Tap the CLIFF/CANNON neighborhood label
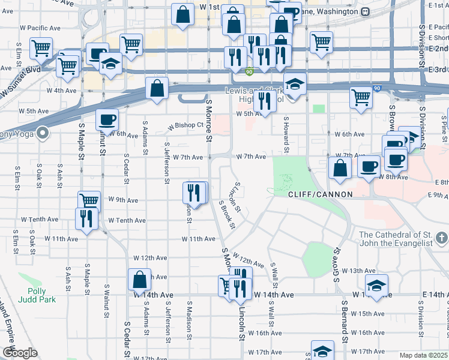tap(316, 195)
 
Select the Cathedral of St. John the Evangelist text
tap(404, 238)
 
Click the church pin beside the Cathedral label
tap(442, 239)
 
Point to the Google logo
tap(19, 353)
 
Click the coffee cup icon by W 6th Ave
tap(107, 119)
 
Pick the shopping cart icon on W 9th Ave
tap(89, 200)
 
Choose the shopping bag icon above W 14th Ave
tap(139, 279)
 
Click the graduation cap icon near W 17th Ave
tap(322, 351)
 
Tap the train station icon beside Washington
tap(364, 11)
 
